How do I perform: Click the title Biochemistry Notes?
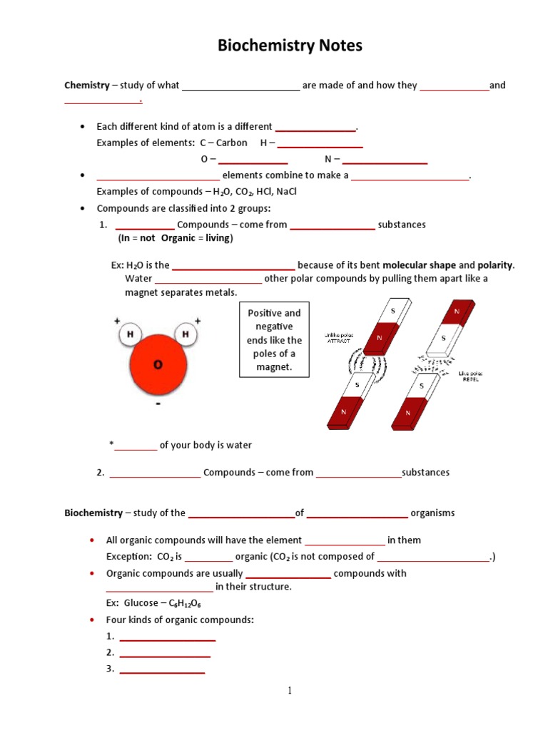coord(290,46)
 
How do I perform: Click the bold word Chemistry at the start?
coord(87,86)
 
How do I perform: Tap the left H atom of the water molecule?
coord(131,334)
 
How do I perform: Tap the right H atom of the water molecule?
coord(186,334)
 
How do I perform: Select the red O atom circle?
coord(158,365)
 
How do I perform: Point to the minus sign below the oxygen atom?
coord(158,404)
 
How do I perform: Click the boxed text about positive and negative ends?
coord(274,340)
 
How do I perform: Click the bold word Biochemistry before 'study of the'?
coord(93,513)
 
